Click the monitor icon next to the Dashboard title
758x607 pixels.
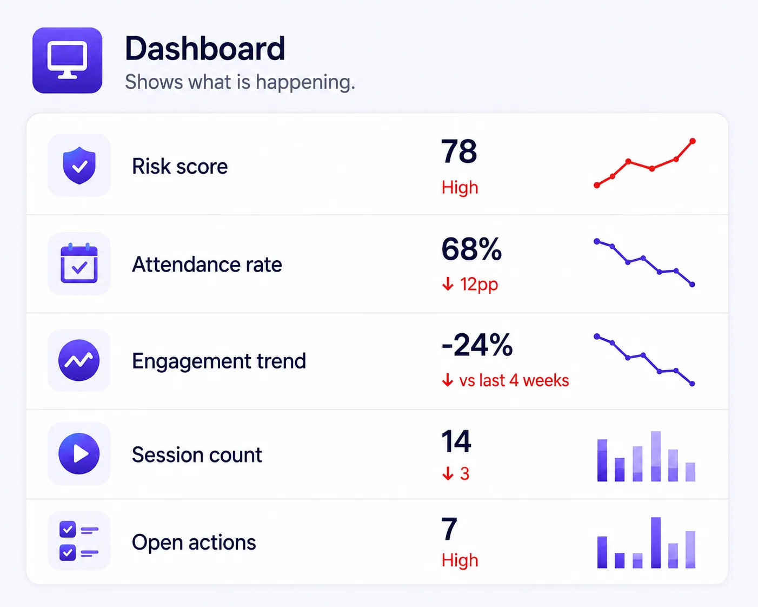[67, 60]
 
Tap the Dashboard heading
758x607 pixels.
[205, 49]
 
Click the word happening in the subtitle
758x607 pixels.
[305, 82]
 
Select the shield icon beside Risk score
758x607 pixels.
[79, 166]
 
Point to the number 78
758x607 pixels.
[459, 151]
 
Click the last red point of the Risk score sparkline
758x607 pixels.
[693, 141]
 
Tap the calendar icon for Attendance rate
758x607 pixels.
[79, 263]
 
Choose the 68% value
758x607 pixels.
[471, 249]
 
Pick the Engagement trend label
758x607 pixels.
[219, 361]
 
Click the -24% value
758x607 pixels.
[477, 345]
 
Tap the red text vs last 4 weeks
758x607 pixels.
[514, 380]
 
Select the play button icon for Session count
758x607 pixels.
[79, 453]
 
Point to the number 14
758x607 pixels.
[456, 441]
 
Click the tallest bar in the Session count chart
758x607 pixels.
[656, 456]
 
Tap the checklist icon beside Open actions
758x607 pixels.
[79, 541]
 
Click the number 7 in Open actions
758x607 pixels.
[449, 529]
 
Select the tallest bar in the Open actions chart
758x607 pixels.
[656, 543]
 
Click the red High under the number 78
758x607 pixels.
[460, 188]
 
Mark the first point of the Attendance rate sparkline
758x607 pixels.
[597, 241]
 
